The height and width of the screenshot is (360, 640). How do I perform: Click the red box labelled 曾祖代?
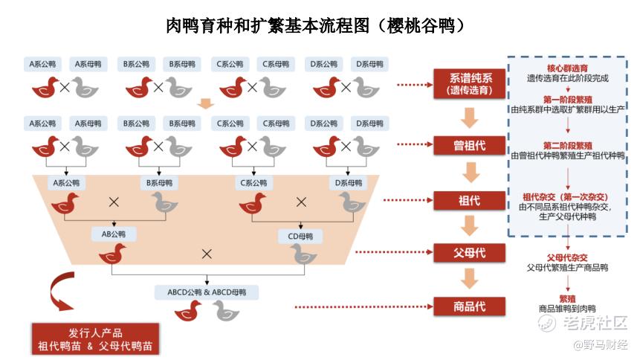(x=470, y=145)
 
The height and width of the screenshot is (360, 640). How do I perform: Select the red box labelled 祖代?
(x=470, y=200)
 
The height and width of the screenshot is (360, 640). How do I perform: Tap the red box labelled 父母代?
(x=470, y=253)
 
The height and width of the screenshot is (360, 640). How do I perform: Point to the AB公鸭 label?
(x=114, y=234)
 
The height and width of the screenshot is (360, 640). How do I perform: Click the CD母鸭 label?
(x=300, y=237)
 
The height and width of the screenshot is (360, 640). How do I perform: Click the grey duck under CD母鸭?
(x=303, y=256)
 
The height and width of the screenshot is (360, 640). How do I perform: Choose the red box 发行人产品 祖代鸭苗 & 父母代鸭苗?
(x=95, y=339)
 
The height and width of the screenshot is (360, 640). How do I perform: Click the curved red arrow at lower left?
(x=61, y=292)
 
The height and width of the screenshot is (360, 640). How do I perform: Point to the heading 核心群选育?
(x=567, y=68)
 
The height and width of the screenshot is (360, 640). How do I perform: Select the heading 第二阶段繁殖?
(x=567, y=145)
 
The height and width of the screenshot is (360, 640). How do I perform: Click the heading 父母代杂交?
(x=567, y=257)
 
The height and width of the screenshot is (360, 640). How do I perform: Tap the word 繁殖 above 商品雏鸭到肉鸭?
(x=567, y=298)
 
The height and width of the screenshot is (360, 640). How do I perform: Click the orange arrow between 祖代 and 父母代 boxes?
(x=470, y=226)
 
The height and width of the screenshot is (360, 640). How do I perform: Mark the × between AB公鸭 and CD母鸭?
(x=207, y=254)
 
